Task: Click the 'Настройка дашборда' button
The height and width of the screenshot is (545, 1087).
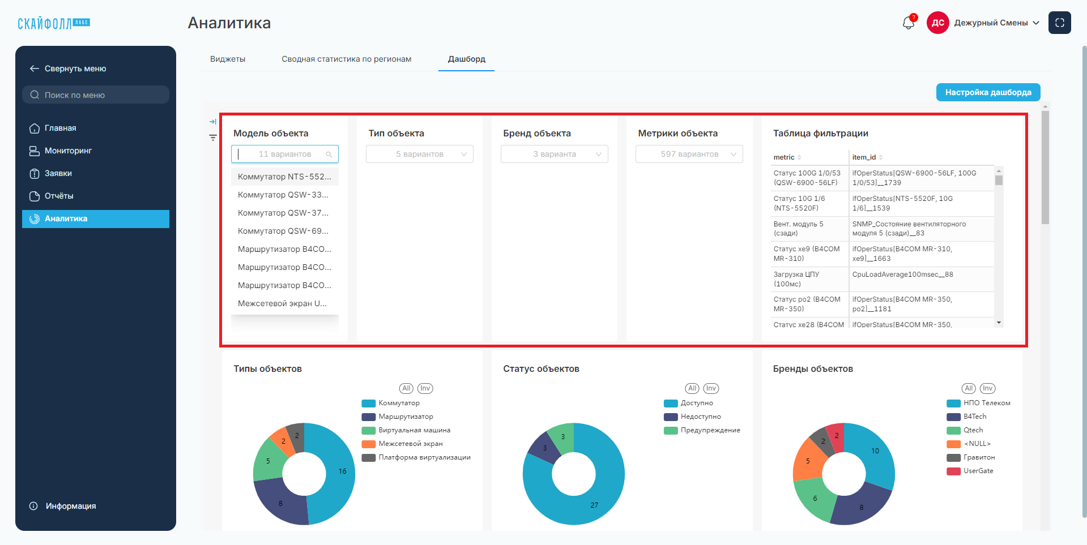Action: pyautogui.click(x=988, y=92)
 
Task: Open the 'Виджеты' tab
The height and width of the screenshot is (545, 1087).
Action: pyautogui.click(x=228, y=59)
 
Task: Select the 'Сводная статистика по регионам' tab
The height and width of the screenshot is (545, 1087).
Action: pyautogui.click(x=347, y=59)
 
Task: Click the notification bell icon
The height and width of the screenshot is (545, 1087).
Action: pyautogui.click(x=909, y=23)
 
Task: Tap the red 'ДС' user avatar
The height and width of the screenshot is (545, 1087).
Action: pyautogui.click(x=938, y=23)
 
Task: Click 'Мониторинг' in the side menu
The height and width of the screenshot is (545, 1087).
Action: pyautogui.click(x=68, y=151)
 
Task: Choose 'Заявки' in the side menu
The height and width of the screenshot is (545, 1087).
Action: pyautogui.click(x=58, y=173)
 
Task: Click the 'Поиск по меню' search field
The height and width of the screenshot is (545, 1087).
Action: pyautogui.click(x=96, y=95)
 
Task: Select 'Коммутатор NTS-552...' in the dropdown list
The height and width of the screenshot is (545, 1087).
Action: pyautogui.click(x=284, y=177)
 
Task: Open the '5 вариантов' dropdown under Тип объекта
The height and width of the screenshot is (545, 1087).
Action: pyautogui.click(x=420, y=154)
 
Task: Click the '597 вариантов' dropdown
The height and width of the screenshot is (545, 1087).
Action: pyautogui.click(x=689, y=154)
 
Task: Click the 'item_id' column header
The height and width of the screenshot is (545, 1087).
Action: pyautogui.click(x=864, y=157)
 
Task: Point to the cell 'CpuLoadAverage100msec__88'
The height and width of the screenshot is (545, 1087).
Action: pyautogui.click(x=903, y=274)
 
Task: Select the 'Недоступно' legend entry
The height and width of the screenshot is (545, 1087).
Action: pyautogui.click(x=693, y=417)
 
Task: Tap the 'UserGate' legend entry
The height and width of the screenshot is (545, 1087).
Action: pyautogui.click(x=970, y=471)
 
